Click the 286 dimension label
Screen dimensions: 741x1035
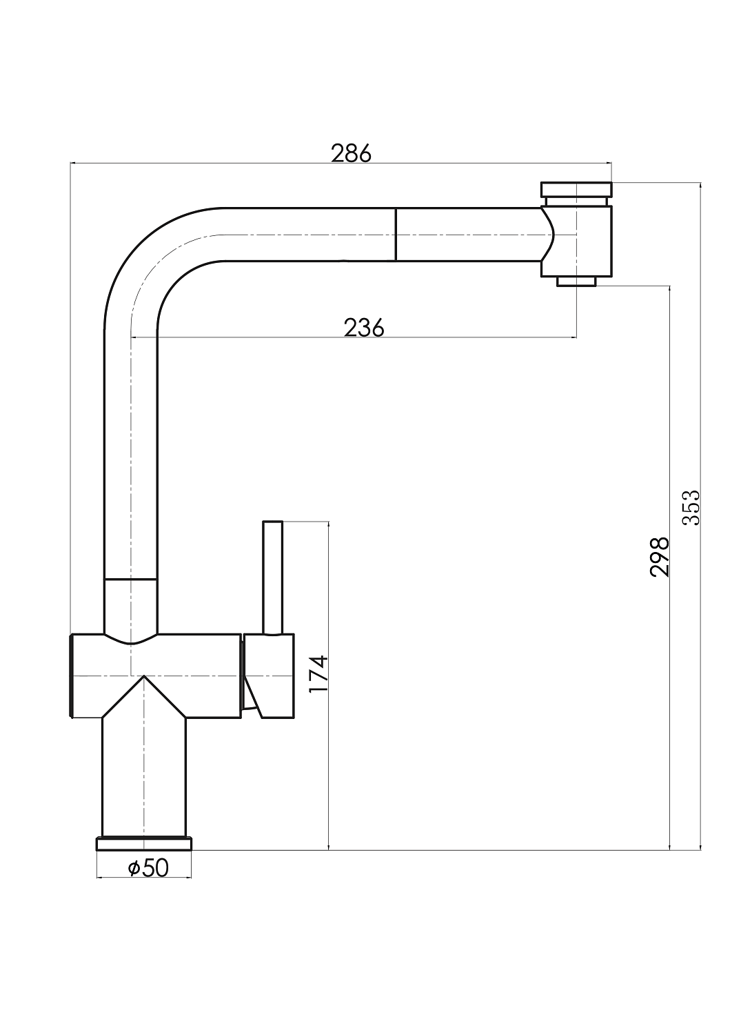[351, 153]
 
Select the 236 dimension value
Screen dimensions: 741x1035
[364, 328]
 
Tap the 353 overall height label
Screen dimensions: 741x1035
[691, 507]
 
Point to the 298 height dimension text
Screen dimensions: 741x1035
[659, 557]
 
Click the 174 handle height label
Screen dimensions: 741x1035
[318, 673]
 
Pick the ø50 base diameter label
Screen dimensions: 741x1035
[148, 868]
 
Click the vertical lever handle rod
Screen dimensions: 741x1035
[272, 577]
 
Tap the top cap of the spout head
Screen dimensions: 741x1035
[576, 190]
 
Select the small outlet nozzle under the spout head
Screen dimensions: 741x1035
[576, 282]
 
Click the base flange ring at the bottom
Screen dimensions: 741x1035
[144, 844]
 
